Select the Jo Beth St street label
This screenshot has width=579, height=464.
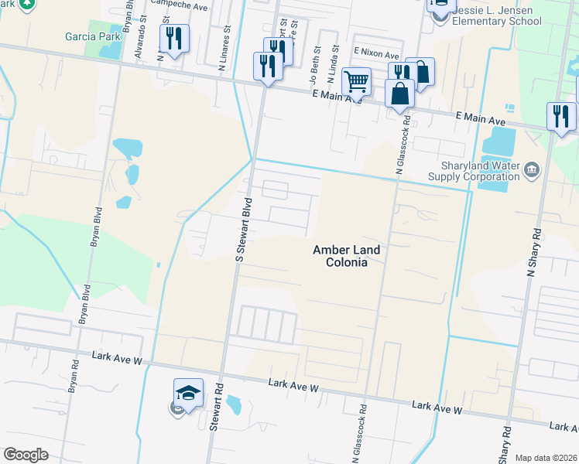314,67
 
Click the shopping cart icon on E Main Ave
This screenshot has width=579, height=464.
356,80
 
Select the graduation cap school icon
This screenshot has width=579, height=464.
188,392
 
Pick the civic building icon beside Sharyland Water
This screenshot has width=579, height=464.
531,169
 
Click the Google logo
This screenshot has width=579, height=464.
26,455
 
